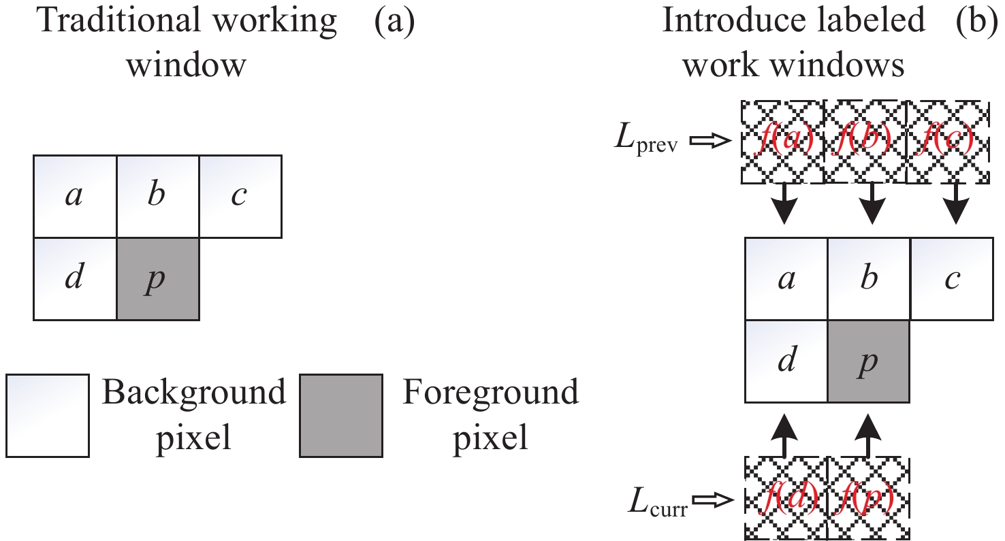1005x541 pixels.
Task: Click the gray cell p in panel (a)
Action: coord(158,279)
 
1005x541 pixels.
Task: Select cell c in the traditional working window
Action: coord(240,197)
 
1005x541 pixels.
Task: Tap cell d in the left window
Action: coord(76,279)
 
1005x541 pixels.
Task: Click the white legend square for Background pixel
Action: coord(48,415)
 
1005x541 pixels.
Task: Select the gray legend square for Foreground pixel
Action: coord(340,415)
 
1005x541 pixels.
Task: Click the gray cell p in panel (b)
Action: coord(869,361)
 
